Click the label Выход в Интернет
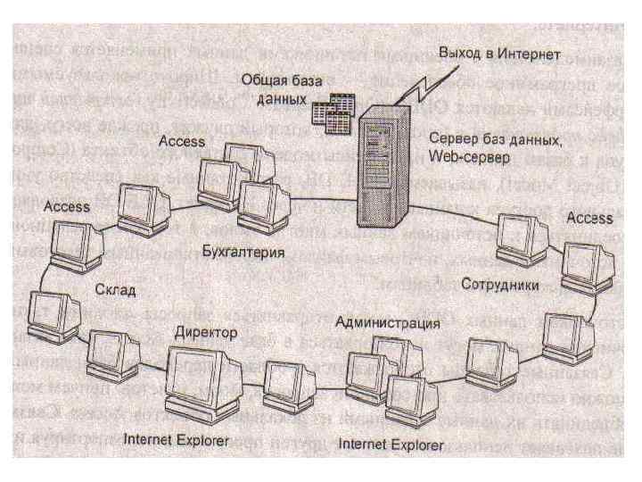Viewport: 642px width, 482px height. (498, 54)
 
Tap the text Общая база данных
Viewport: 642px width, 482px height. (276, 89)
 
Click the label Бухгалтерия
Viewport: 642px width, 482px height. (243, 253)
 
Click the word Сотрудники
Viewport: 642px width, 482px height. (500, 285)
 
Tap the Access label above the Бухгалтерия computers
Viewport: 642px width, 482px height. (182, 142)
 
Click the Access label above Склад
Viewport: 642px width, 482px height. (66, 206)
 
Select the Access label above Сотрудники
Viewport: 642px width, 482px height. (589, 218)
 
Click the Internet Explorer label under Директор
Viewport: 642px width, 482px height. (176, 439)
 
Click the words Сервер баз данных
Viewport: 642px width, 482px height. (494, 140)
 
